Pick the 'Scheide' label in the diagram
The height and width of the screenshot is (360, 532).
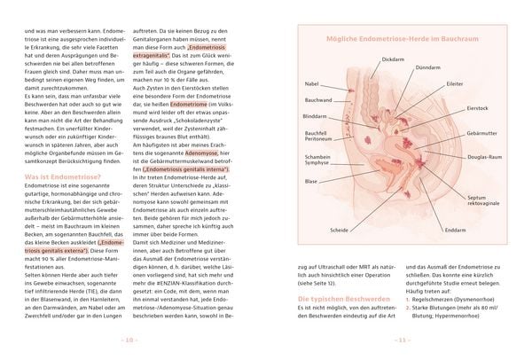[339, 230]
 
